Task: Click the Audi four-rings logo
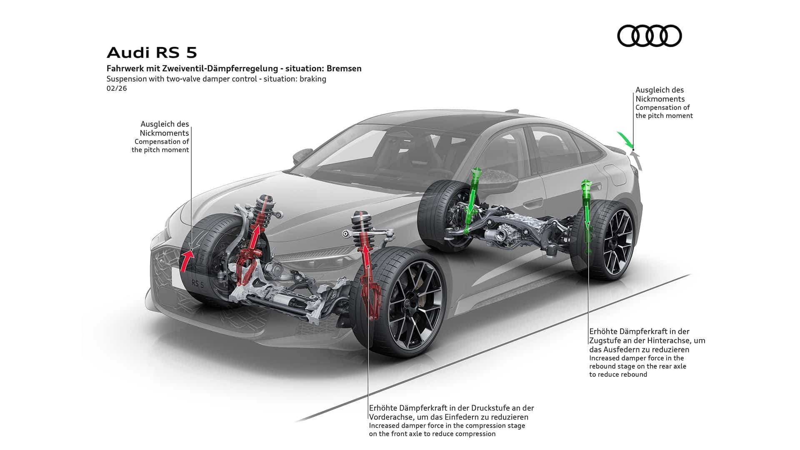coord(649,35)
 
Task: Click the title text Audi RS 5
coord(152,53)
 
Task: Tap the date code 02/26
coord(117,88)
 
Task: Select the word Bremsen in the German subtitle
coord(344,68)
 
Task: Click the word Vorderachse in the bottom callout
coord(390,417)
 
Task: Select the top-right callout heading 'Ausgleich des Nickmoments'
coord(660,95)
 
